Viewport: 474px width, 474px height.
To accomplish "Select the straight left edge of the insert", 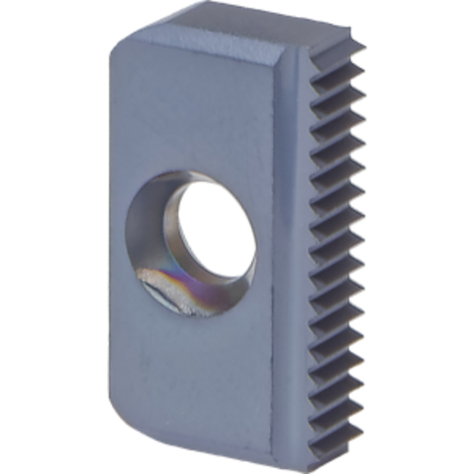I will tap(109, 233).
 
